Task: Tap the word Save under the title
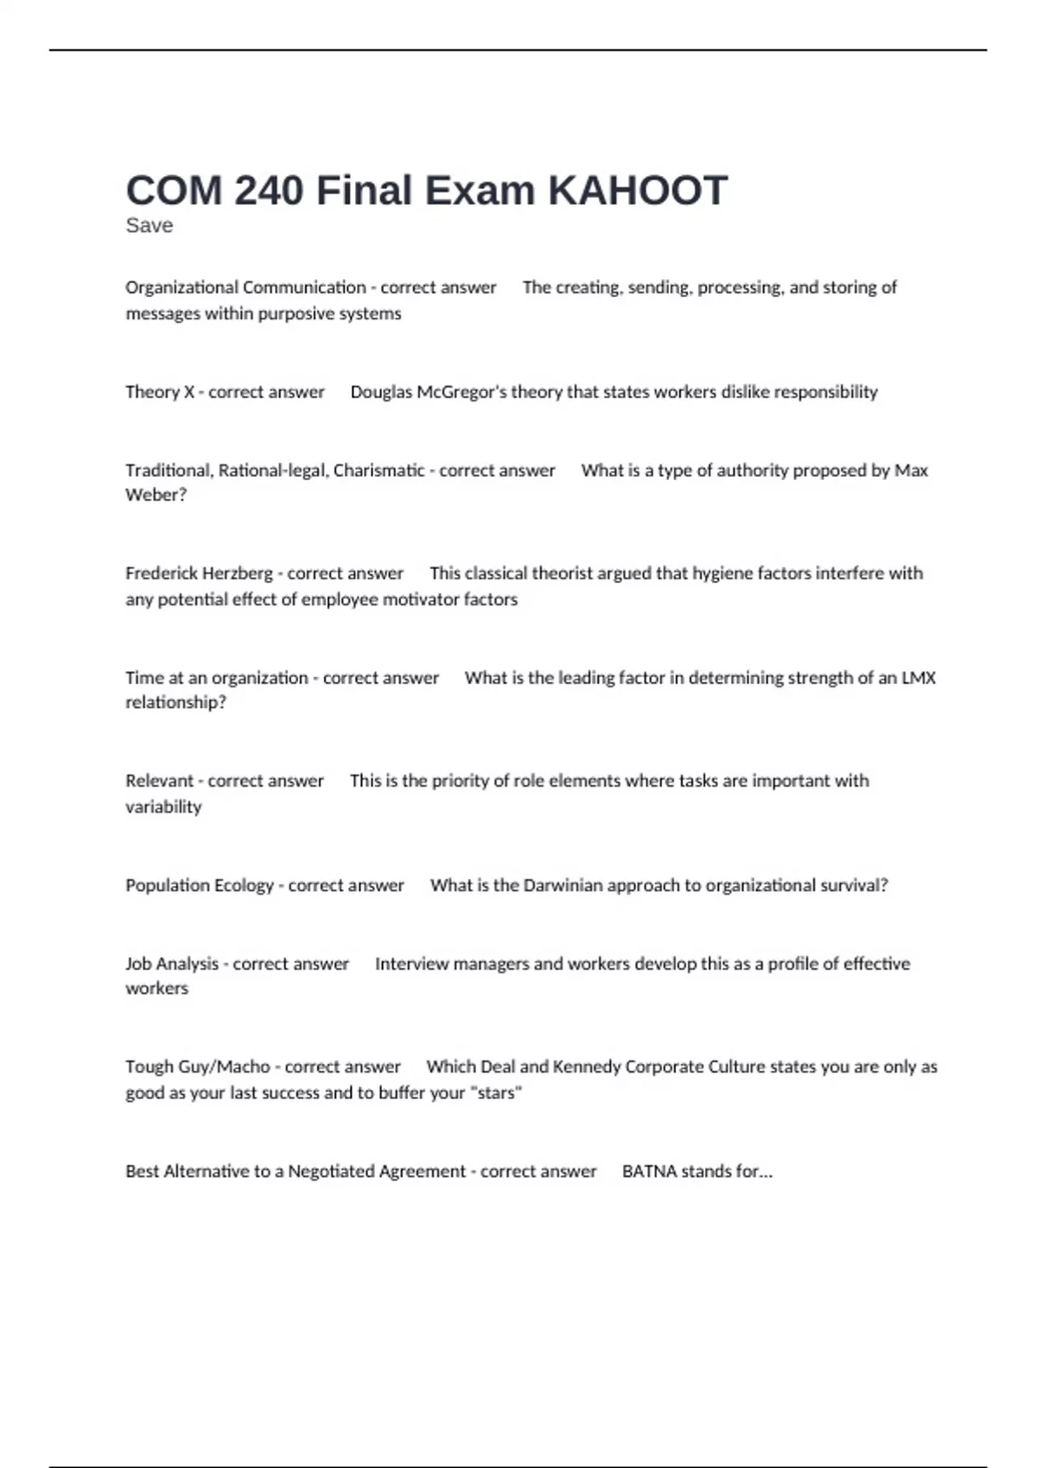pos(149,225)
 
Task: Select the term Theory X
pos(160,392)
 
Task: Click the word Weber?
pos(156,495)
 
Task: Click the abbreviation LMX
pos(919,678)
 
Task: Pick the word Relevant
pos(160,781)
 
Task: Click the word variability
pos(163,807)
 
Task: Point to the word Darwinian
pos(563,885)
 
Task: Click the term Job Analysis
pos(172,964)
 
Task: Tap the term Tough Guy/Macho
pos(198,1066)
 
